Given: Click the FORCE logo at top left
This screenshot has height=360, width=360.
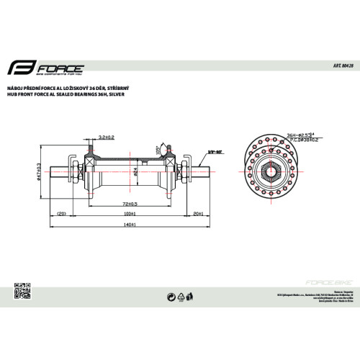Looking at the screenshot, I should pyautogui.click(x=46, y=70).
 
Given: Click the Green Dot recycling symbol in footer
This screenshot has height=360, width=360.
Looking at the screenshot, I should pyautogui.click(x=170, y=295).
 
